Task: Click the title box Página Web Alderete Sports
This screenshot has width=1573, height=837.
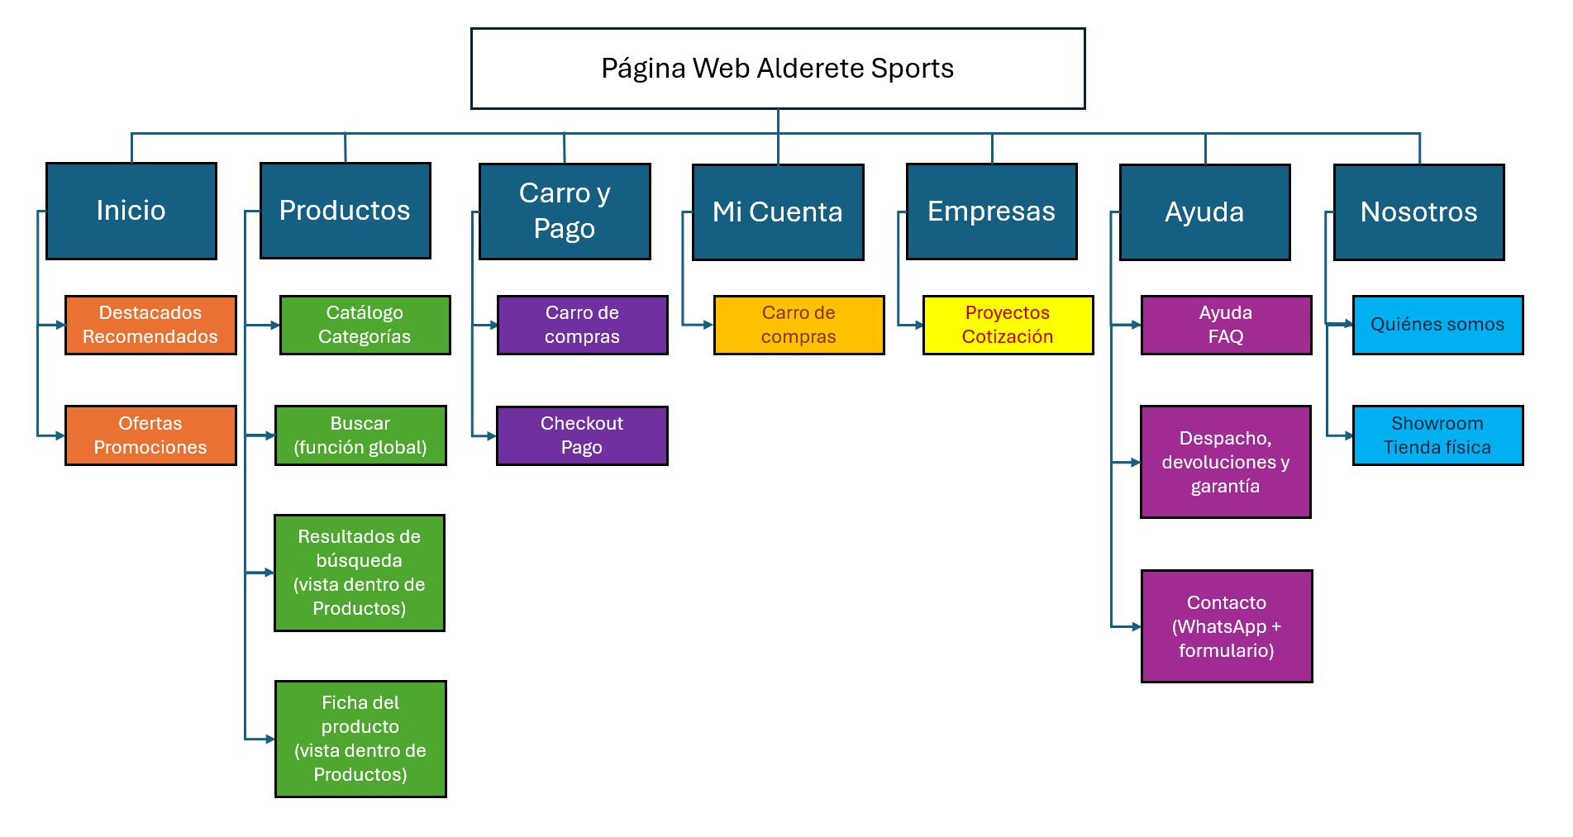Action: pyautogui.click(x=777, y=69)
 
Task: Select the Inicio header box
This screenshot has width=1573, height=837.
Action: pyautogui.click(x=131, y=211)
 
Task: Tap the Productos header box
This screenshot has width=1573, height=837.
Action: pyautogui.click(x=345, y=211)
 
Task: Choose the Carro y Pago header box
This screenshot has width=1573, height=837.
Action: pyautogui.click(x=565, y=211)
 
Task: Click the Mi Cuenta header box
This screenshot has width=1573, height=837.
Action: pyautogui.click(x=777, y=212)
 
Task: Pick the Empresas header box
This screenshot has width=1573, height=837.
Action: pyautogui.click(x=991, y=212)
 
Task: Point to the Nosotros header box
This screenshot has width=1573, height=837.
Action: pyautogui.click(x=1418, y=212)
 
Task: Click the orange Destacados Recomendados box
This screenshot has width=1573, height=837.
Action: pyautogui.click(x=150, y=325)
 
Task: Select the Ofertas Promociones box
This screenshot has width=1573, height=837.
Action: pyautogui.click(x=150, y=435)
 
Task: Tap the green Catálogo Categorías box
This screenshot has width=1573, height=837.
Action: pyautogui.click(x=365, y=325)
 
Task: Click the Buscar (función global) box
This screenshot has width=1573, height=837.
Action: pyautogui.click(x=360, y=435)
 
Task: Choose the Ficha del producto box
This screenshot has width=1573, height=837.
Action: pyautogui.click(x=360, y=739)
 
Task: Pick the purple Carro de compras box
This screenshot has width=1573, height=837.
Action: pyautogui.click(x=582, y=325)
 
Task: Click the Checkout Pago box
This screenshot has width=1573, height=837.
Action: pyautogui.click(x=582, y=435)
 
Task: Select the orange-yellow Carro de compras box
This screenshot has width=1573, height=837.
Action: pyautogui.click(x=798, y=325)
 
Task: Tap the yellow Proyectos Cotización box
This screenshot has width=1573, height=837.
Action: pyautogui.click(x=1008, y=325)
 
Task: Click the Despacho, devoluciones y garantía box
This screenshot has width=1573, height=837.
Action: pyautogui.click(x=1225, y=462)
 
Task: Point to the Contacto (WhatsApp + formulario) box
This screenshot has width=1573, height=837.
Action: pyautogui.click(x=1227, y=626)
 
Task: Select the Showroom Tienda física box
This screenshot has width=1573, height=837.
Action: pyautogui.click(x=1437, y=435)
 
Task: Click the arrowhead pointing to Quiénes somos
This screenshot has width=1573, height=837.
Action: pyautogui.click(x=1347, y=324)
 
